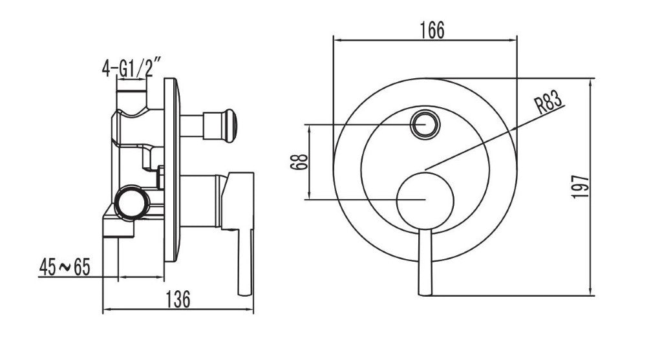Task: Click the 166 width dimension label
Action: (432, 30)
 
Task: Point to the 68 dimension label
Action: (299, 162)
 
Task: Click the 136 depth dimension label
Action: (178, 299)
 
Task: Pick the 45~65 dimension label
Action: (65, 267)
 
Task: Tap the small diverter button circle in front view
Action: (425, 125)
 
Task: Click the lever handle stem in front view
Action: (425, 262)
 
